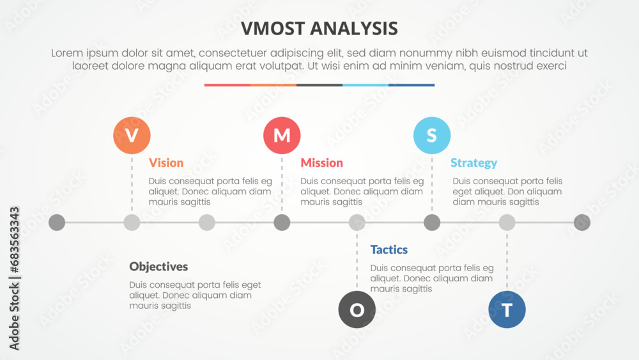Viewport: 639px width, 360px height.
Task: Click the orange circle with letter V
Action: tap(132, 136)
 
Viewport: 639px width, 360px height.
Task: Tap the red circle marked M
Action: tap(282, 136)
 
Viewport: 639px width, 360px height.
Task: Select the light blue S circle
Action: tap(432, 136)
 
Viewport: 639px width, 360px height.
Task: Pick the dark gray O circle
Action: tap(357, 309)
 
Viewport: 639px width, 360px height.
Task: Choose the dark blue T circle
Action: tap(507, 309)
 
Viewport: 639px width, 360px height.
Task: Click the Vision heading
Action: tap(166, 162)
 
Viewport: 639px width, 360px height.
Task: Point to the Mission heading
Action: tap(321, 162)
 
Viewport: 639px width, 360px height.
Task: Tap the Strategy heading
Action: tap(473, 163)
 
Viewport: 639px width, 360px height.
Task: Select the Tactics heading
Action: tap(389, 249)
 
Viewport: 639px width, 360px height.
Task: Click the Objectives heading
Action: tap(158, 267)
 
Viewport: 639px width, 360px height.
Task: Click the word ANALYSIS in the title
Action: tap(354, 29)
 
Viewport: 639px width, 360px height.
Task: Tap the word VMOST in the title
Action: tap(273, 29)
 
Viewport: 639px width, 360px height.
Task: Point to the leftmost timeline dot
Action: tap(57, 223)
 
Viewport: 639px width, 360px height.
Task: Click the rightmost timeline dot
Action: tap(582, 223)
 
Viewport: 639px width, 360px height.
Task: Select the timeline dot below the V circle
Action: tap(132, 223)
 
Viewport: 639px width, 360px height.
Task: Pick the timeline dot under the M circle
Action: tap(282, 223)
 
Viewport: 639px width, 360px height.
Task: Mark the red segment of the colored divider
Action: tap(227, 85)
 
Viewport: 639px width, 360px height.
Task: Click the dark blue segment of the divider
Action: tap(412, 85)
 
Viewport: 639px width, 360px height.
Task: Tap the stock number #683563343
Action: tap(14, 240)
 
